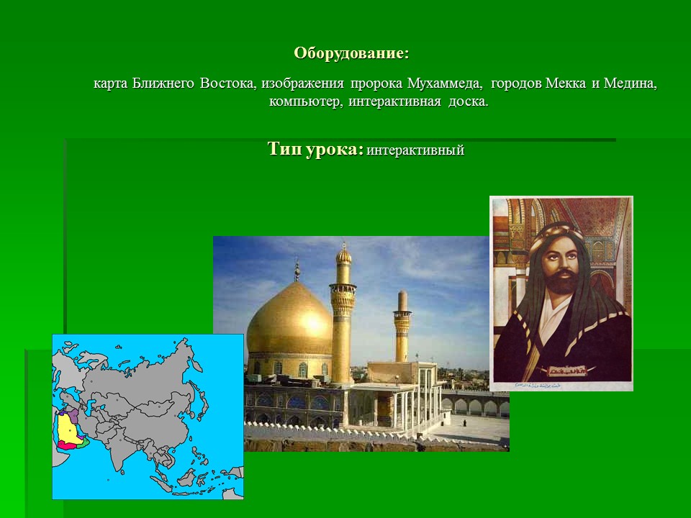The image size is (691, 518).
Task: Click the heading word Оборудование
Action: (350, 53)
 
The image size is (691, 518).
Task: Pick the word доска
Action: (468, 101)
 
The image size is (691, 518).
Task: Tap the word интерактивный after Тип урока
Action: (415, 151)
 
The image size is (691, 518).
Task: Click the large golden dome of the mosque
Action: (288, 320)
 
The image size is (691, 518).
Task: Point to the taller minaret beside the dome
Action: (343, 309)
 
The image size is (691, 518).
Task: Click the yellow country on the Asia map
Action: (68, 428)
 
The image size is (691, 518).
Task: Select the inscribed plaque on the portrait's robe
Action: (564, 371)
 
